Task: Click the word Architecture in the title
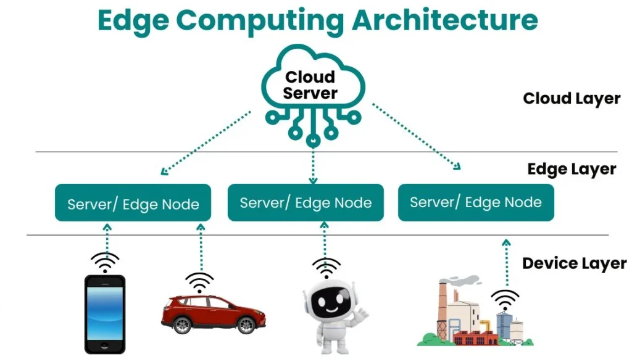[x=444, y=20]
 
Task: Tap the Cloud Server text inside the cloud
[x=310, y=85]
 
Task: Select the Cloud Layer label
[x=571, y=99]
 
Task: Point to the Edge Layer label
[x=572, y=169]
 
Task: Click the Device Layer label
[x=574, y=264]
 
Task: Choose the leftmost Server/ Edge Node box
[x=133, y=203]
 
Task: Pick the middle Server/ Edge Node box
[x=306, y=202]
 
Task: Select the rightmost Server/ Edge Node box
[x=475, y=202]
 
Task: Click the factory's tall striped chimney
[x=443, y=308]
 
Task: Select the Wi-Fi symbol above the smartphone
[x=105, y=261]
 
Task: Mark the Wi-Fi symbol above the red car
[x=199, y=282]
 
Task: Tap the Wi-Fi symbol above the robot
[x=326, y=268]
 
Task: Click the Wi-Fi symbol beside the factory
[x=505, y=299]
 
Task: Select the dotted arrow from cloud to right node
[x=417, y=137]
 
